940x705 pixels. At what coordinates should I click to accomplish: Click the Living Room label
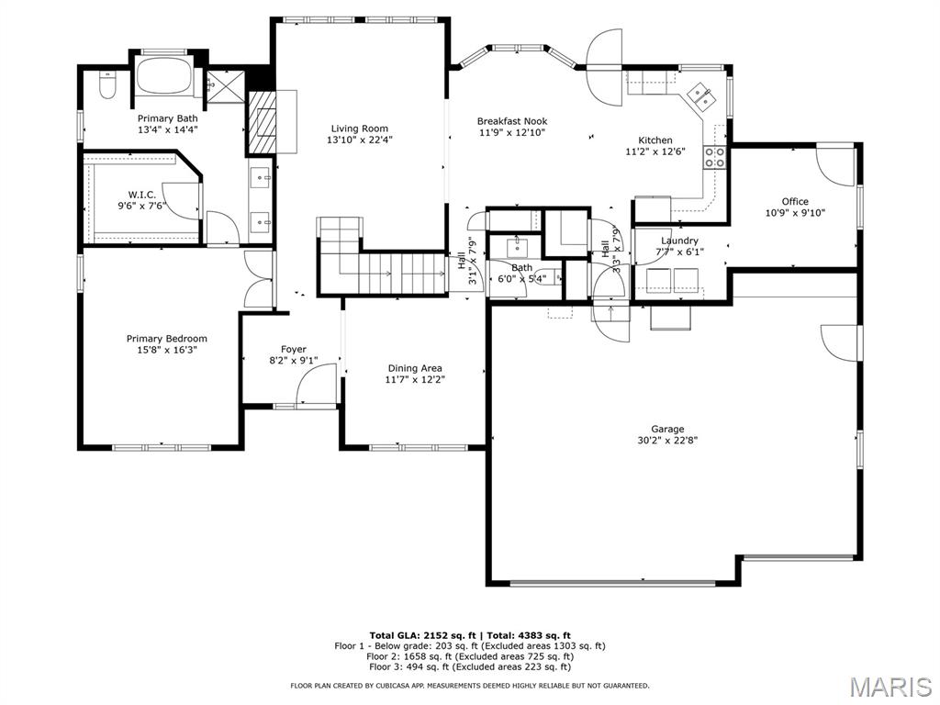(x=360, y=129)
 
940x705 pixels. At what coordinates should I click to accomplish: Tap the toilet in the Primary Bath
(x=107, y=85)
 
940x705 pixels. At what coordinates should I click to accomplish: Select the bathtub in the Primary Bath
(x=165, y=75)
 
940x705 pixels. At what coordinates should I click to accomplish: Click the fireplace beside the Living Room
(x=263, y=122)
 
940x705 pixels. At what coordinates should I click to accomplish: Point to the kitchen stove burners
(x=714, y=157)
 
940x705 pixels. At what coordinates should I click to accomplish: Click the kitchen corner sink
(x=700, y=95)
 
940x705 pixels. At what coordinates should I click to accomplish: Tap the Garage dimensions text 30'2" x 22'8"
(x=667, y=440)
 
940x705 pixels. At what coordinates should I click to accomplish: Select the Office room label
(x=795, y=201)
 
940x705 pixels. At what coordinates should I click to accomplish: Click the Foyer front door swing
(x=317, y=385)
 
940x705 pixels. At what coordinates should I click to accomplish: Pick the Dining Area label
(x=415, y=368)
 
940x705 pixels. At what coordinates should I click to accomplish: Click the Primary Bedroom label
(x=167, y=339)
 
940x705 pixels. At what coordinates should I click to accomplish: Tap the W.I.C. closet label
(x=142, y=195)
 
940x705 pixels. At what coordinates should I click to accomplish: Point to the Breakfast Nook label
(x=512, y=121)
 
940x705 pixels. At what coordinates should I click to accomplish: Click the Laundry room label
(x=679, y=241)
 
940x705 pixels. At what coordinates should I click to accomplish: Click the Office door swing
(x=834, y=166)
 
